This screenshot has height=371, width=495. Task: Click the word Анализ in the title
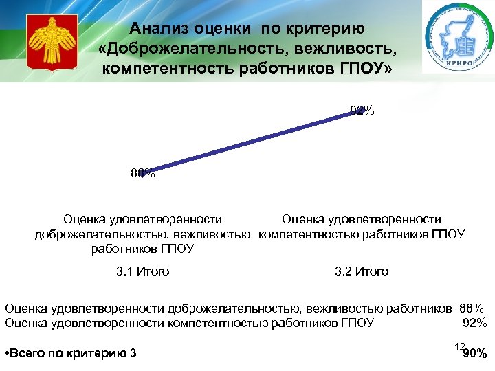point(158,29)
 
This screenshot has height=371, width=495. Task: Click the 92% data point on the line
point(357,112)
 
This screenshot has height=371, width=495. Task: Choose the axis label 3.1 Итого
point(143,271)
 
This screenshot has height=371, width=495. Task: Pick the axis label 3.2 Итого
point(362,271)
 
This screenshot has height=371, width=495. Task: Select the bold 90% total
point(475,355)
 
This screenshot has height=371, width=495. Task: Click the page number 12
point(460,346)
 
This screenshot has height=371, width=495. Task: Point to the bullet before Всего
point(7,354)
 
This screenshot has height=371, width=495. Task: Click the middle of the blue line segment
point(250,143)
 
